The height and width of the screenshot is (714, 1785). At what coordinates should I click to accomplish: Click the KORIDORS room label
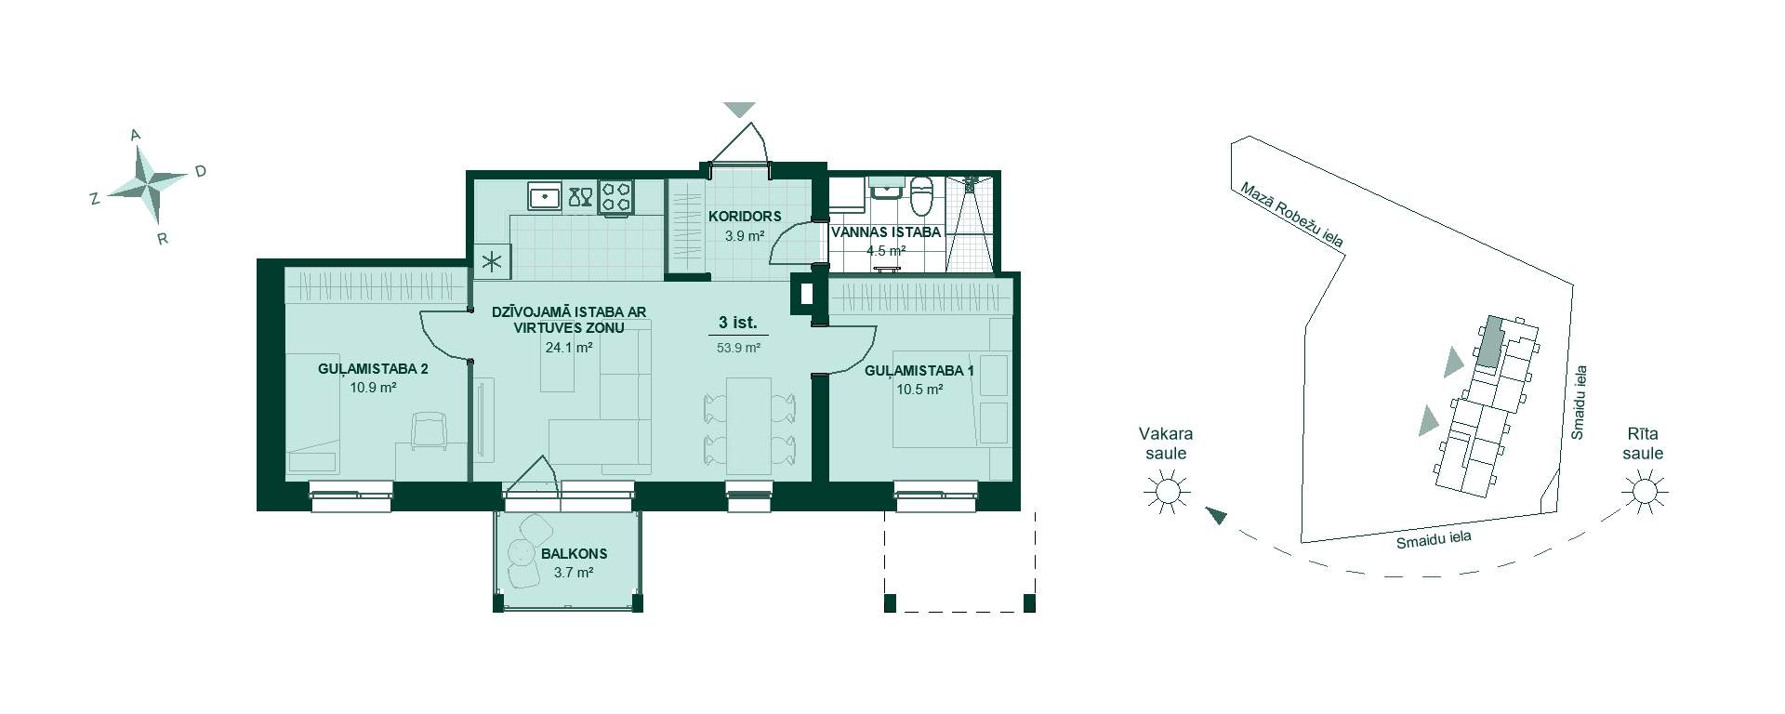[x=745, y=217]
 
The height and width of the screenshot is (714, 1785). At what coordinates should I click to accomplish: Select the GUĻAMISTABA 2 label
[x=373, y=369]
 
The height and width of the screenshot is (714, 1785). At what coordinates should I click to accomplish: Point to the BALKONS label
[x=574, y=554]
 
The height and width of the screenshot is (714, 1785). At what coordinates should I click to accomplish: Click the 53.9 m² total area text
[x=738, y=348]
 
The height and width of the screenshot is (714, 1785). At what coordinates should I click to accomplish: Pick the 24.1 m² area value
[x=570, y=348]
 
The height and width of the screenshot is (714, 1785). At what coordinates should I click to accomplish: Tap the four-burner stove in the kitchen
[x=615, y=196]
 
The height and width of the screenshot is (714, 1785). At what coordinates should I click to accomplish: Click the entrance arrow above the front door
[x=739, y=110]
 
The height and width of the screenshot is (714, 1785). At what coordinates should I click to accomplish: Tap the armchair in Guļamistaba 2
[x=429, y=430]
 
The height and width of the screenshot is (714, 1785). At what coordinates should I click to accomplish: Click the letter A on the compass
[x=136, y=136]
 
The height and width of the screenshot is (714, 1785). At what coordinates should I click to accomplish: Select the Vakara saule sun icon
[x=1167, y=490]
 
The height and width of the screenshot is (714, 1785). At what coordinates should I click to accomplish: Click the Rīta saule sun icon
[x=1644, y=490]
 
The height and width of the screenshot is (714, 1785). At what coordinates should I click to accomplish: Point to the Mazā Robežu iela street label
[x=1291, y=215]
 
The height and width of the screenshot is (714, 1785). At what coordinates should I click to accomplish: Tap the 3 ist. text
[x=738, y=324]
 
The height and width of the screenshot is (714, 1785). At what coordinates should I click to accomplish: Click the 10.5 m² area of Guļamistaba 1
[x=920, y=390]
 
